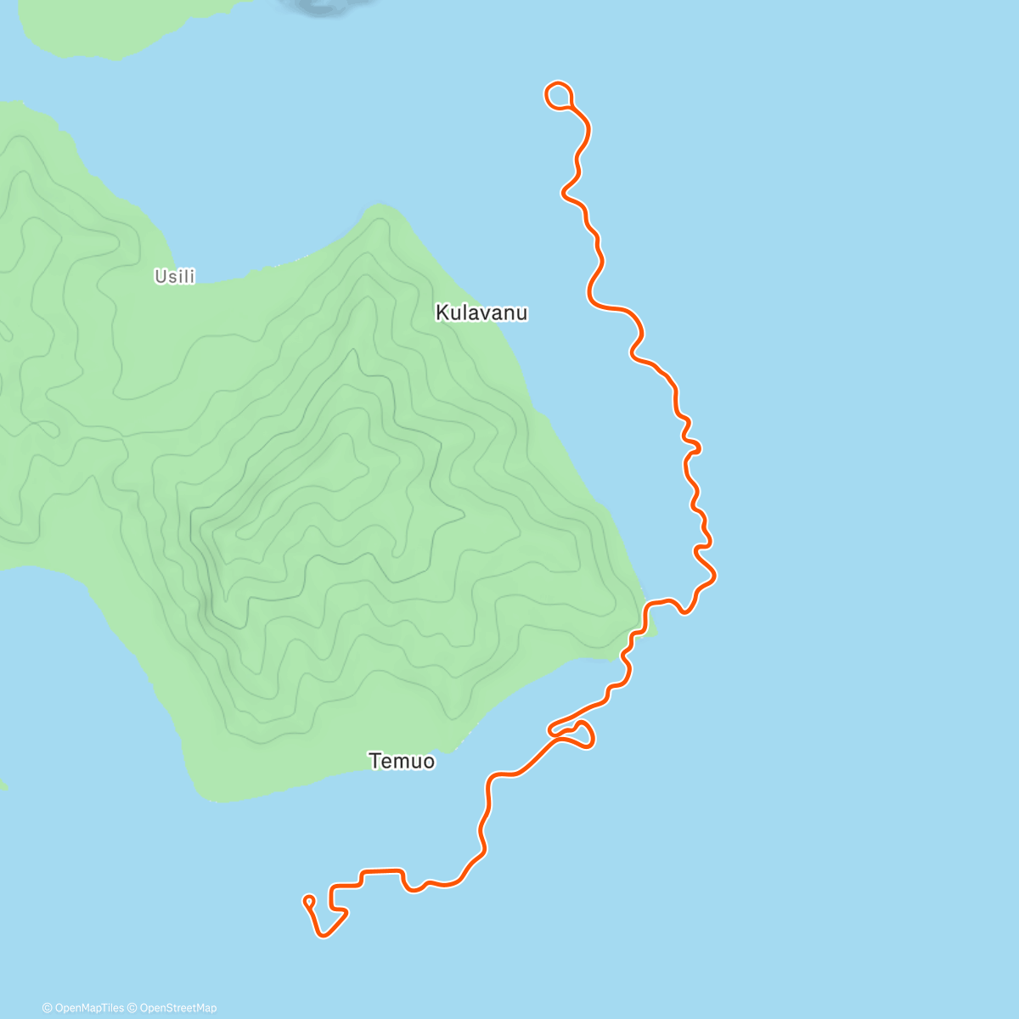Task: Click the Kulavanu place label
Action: (481, 312)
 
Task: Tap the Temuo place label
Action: (402, 761)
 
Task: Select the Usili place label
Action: (174, 276)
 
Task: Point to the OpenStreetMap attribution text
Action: (178, 1008)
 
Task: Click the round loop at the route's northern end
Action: (558, 95)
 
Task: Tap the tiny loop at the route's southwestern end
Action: (308, 900)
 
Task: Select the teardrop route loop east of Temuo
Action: (580, 735)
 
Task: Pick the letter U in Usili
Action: (159, 276)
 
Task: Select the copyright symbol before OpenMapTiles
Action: (47, 1008)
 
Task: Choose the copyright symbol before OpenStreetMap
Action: (133, 1008)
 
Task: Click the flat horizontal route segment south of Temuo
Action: (381, 870)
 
